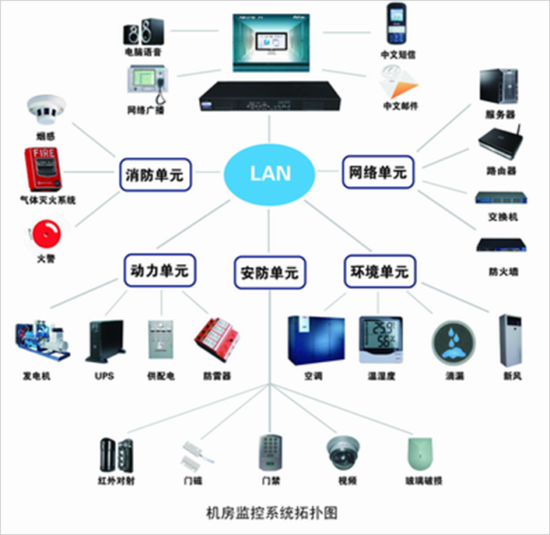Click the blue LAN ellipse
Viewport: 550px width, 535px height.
click(x=268, y=172)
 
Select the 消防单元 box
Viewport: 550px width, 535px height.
click(x=156, y=174)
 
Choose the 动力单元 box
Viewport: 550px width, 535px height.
click(x=158, y=272)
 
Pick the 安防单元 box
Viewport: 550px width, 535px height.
click(x=269, y=273)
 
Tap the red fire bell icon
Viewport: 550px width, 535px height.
click(x=44, y=233)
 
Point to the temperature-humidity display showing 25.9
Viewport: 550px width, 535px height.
click(x=381, y=340)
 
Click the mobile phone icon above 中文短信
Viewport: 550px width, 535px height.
click(x=398, y=25)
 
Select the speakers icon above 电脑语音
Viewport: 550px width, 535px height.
click(x=144, y=31)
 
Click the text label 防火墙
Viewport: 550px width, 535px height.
click(x=503, y=272)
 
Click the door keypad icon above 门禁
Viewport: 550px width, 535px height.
click(x=269, y=452)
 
